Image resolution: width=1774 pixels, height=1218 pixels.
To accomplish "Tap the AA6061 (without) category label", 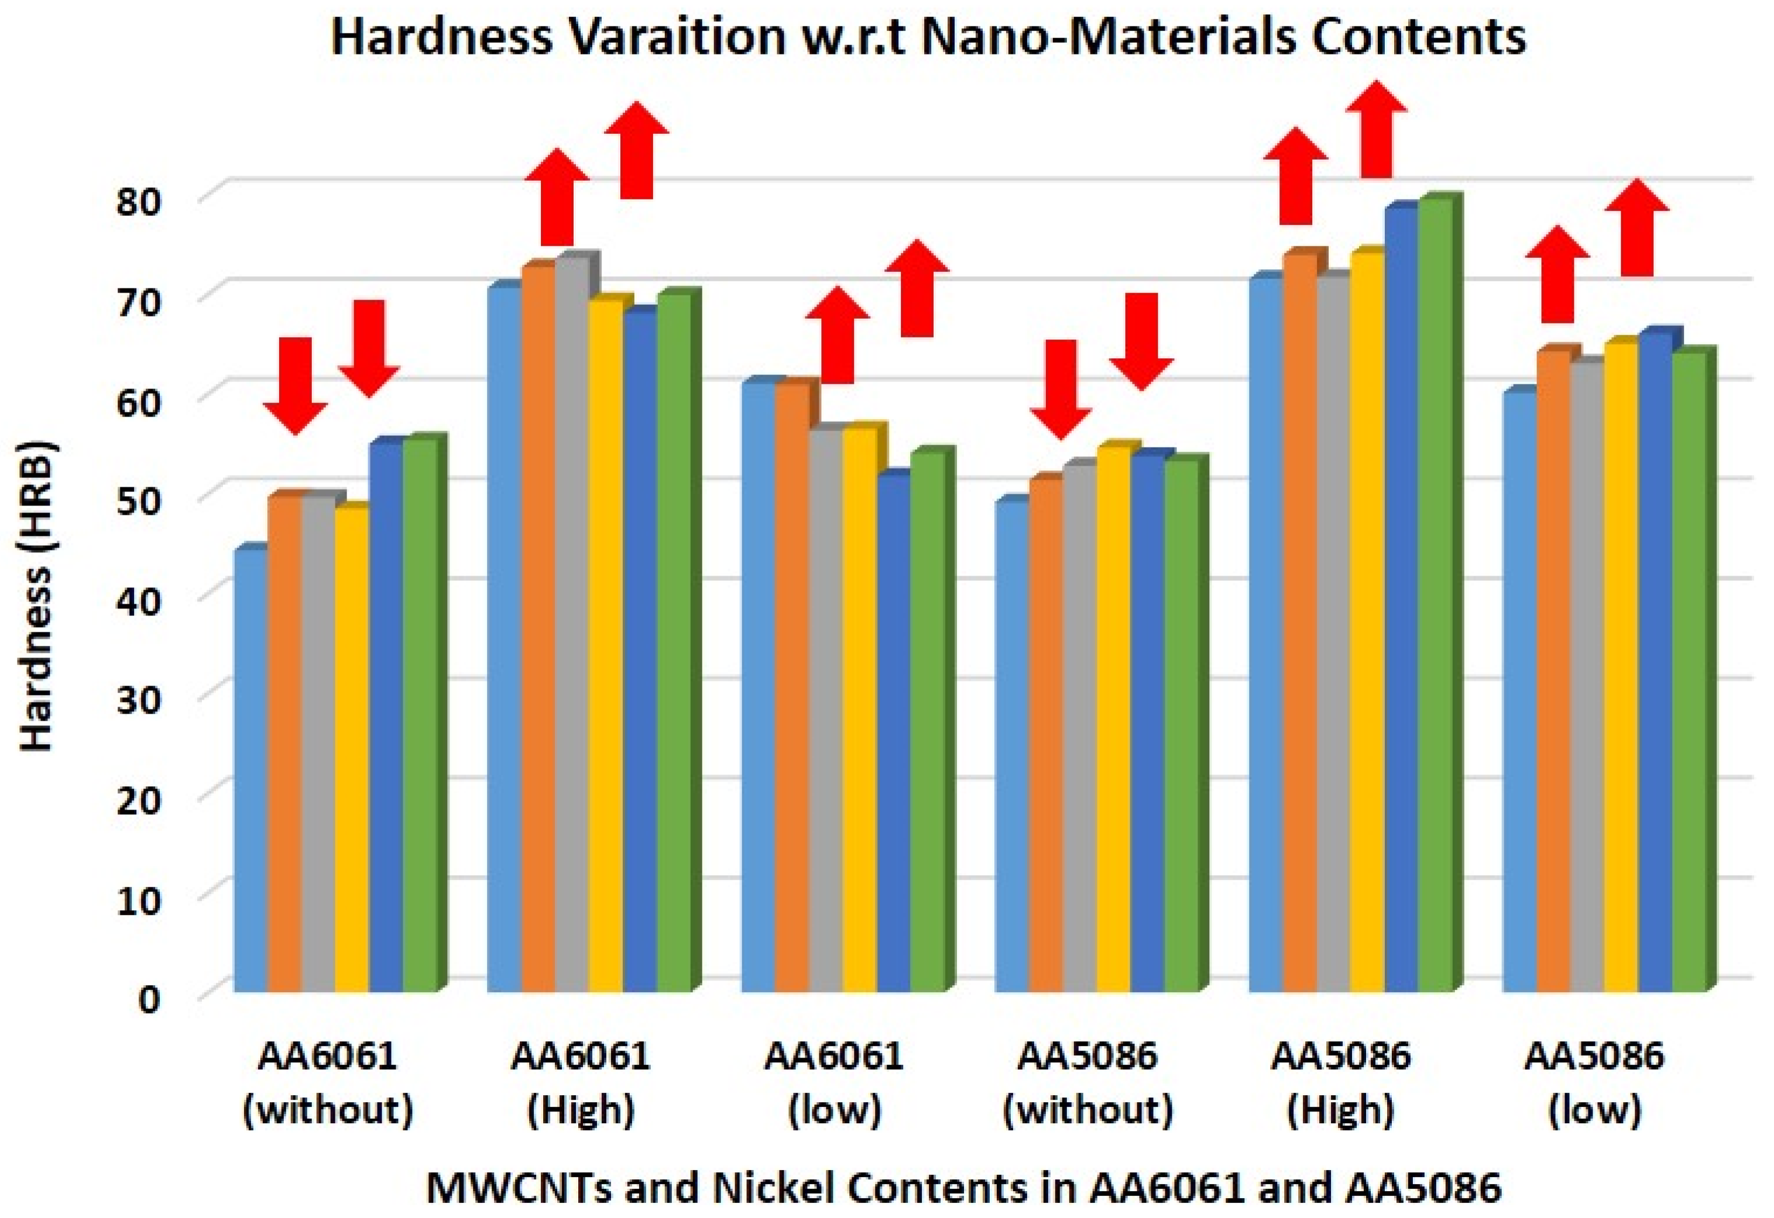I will click(328, 1082).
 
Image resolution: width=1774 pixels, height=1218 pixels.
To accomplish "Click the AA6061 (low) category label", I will click(835, 1082).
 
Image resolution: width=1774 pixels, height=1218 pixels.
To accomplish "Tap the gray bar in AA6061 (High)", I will click(571, 626).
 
